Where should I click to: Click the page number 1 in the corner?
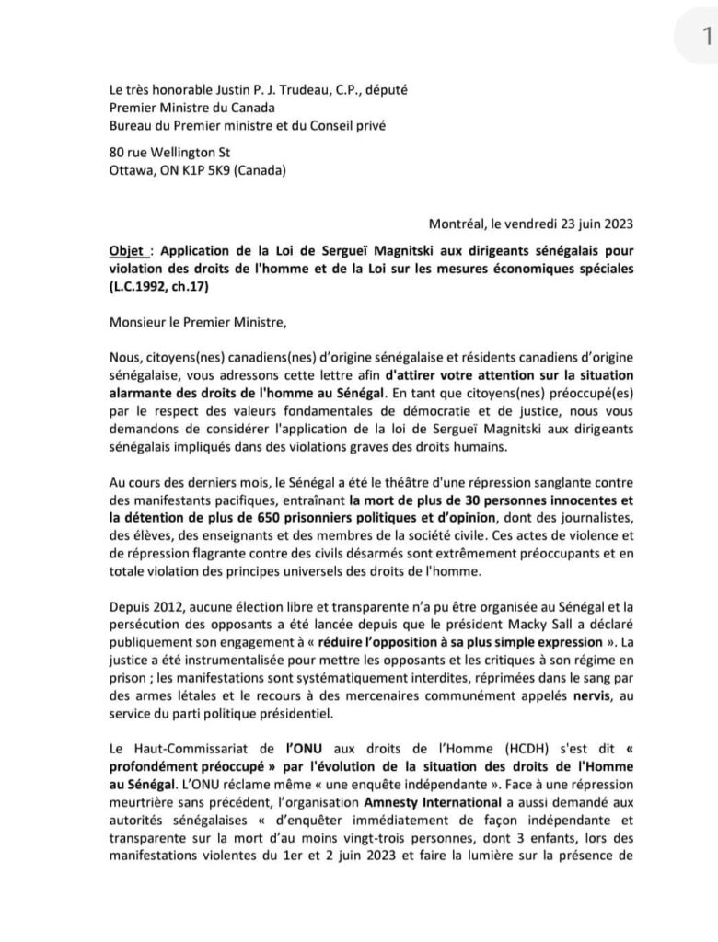pos(706,36)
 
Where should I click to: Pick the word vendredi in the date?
pos(549,223)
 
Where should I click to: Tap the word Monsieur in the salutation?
pos(138,321)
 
